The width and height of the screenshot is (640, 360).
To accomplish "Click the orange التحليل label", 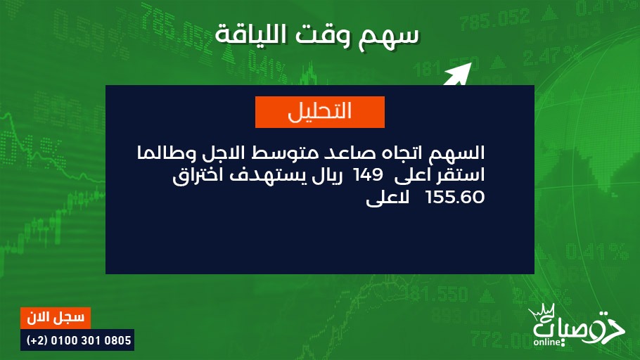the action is pos(319,112).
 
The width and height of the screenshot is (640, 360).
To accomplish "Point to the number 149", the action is pos(368,175).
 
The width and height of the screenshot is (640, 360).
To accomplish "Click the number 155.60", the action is pos(455,197).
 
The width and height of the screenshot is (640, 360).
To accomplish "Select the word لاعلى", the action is pos(388,198).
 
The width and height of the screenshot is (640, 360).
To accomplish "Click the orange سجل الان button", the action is pos(56,318).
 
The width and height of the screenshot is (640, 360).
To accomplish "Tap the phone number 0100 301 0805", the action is pos(91,340).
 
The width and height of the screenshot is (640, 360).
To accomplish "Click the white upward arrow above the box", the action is pos(458,74).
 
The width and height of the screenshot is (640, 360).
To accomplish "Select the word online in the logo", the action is pos(547,342).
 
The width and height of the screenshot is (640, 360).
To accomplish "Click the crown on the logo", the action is pos(542,311).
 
